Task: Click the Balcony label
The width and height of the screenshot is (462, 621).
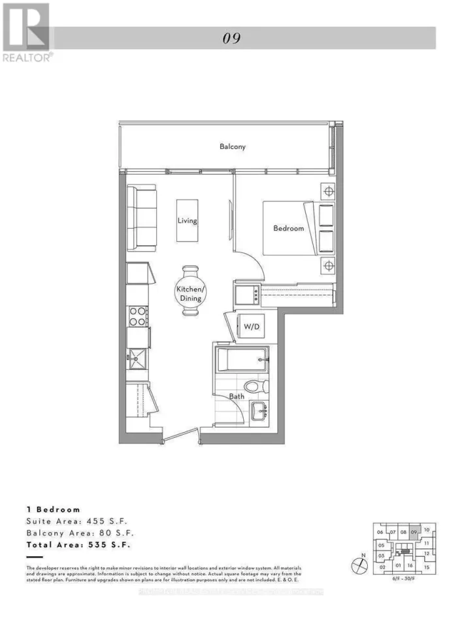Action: (x=233, y=147)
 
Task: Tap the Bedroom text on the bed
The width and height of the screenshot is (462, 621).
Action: (x=288, y=228)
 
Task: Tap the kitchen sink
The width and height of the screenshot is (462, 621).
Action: (x=137, y=359)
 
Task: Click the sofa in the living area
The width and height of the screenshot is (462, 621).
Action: (x=141, y=218)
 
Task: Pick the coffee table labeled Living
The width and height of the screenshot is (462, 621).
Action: (x=188, y=220)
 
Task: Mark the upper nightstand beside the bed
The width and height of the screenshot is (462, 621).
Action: (x=328, y=192)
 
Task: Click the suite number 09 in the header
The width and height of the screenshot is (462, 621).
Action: (x=232, y=38)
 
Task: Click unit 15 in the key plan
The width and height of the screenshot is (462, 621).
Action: (x=426, y=567)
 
